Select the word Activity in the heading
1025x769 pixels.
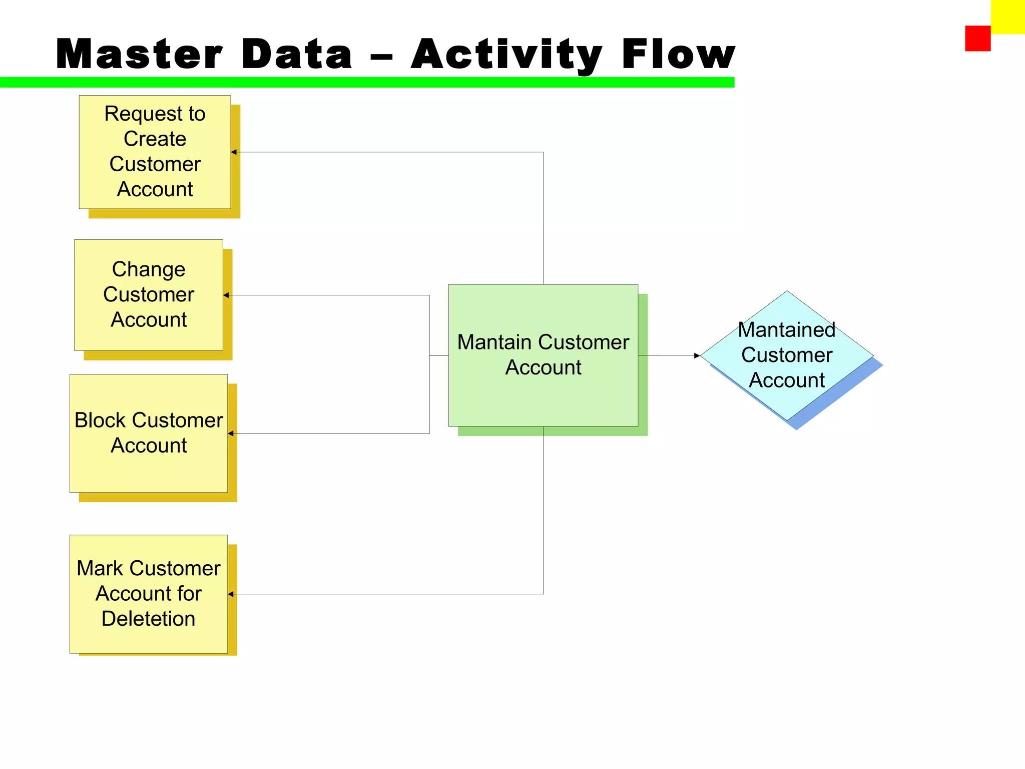(506, 55)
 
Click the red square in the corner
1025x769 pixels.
(977, 39)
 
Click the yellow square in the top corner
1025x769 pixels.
(1007, 17)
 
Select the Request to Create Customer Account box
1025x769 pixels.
(155, 152)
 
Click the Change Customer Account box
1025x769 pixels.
(149, 295)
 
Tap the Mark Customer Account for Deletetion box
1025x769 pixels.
(149, 594)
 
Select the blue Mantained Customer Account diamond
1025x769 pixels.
(786, 355)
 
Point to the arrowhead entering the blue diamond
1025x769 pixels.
(697, 355)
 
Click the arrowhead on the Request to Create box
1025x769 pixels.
(234, 152)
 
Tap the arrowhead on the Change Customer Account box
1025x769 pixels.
(226, 295)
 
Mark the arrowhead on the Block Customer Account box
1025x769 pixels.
(231, 434)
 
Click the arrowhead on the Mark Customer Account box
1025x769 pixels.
(231, 594)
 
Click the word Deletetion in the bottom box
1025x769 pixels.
(148, 619)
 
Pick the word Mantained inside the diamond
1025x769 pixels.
(786, 330)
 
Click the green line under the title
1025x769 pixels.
(367, 83)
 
